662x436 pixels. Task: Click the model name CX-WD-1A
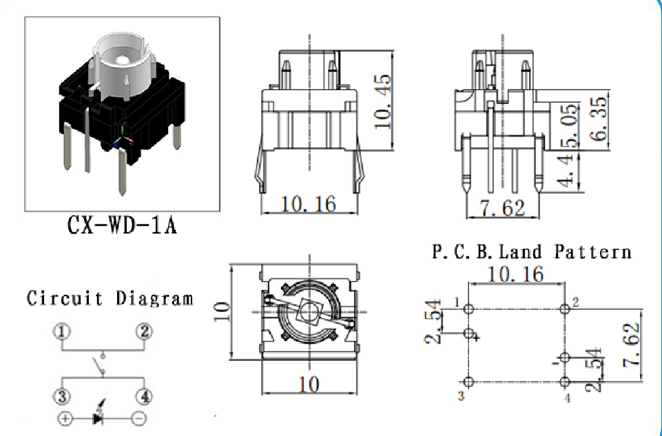(x=122, y=225)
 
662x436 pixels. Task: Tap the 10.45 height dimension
(x=383, y=102)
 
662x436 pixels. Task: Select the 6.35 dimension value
(x=599, y=118)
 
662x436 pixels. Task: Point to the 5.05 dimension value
(x=570, y=125)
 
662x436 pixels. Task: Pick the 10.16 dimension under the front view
(x=309, y=204)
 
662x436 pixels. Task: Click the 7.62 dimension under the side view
(x=502, y=208)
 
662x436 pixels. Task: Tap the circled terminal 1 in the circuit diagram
(x=61, y=331)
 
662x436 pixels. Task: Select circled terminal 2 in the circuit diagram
(x=145, y=331)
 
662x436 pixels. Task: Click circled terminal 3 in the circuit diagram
(x=61, y=397)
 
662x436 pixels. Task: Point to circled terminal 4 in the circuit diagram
(x=145, y=397)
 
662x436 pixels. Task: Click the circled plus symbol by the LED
(x=65, y=418)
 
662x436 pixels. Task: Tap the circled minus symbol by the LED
(x=139, y=418)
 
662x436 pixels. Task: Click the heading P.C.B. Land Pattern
(x=532, y=251)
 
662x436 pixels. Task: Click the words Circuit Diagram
(x=110, y=298)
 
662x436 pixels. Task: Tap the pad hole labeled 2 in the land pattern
(x=565, y=309)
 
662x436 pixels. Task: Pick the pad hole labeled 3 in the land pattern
(x=468, y=382)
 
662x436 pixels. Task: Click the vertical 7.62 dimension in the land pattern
(x=632, y=345)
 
